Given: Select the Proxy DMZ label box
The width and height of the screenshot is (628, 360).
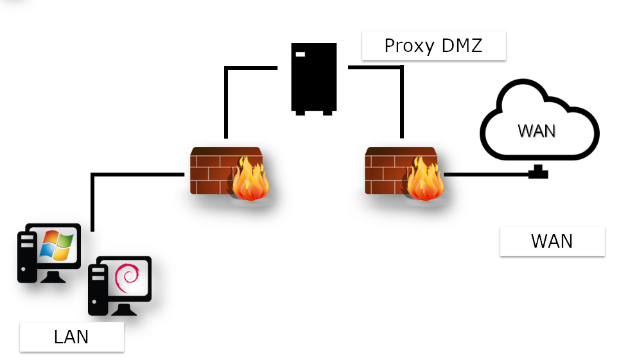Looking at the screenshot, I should pyautogui.click(x=434, y=46).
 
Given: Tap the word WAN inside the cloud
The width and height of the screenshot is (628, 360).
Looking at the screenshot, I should pyautogui.click(x=536, y=131).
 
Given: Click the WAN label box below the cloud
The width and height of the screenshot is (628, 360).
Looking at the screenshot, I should pyautogui.click(x=552, y=241).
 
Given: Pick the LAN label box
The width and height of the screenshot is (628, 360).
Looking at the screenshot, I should pyautogui.click(x=71, y=337).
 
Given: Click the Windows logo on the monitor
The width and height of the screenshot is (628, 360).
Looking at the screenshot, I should pyautogui.click(x=57, y=246).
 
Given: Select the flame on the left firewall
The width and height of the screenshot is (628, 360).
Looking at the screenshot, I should pyautogui.click(x=249, y=182).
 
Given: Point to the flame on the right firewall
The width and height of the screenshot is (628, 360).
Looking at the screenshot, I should pyautogui.click(x=423, y=182).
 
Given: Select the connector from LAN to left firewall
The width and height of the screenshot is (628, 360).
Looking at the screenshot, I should pyautogui.click(x=94, y=193).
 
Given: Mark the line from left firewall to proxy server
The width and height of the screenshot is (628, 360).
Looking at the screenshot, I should pyautogui.click(x=226, y=96).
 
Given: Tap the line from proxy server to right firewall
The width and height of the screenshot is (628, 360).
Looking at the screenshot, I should pyautogui.click(x=401, y=96).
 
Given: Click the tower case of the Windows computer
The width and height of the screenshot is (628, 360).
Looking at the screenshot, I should pyautogui.click(x=26, y=257).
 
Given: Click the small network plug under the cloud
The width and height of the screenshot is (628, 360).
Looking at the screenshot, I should pyautogui.click(x=537, y=172).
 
